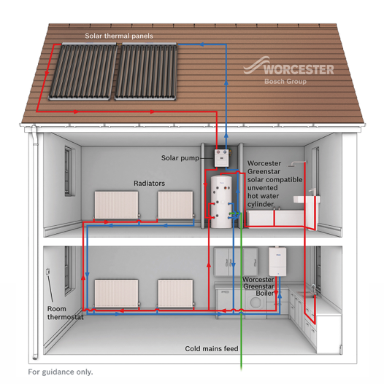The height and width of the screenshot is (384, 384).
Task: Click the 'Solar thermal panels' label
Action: click(x=119, y=36)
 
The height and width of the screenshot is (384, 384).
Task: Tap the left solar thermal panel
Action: click(x=83, y=71)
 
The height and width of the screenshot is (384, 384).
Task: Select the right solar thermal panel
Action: click(x=146, y=71)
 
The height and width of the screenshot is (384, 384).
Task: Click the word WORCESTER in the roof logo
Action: click(x=299, y=69)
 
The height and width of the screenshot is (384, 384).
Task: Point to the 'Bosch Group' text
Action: click(x=285, y=82)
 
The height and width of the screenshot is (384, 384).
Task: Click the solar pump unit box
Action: click(x=222, y=158)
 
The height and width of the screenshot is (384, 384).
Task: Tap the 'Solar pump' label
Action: click(x=180, y=158)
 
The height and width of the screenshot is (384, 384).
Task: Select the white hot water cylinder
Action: click(x=221, y=202)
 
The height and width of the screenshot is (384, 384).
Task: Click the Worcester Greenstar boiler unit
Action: click(x=277, y=262)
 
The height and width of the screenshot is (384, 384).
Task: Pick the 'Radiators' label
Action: click(x=149, y=184)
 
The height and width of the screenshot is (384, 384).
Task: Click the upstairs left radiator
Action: click(x=116, y=205)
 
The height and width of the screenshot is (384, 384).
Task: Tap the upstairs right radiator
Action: click(x=175, y=205)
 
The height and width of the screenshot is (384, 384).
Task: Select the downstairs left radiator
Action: click(x=116, y=293)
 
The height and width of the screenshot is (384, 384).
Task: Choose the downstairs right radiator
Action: click(x=175, y=293)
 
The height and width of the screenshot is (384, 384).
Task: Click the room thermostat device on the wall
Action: click(x=48, y=272)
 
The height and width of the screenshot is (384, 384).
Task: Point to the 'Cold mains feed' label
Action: click(x=212, y=348)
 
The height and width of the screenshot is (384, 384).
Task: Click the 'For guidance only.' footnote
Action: click(x=61, y=372)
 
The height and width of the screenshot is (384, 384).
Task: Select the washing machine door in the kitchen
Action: click(x=256, y=302)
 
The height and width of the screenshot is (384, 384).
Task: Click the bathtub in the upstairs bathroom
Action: click(x=274, y=218)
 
